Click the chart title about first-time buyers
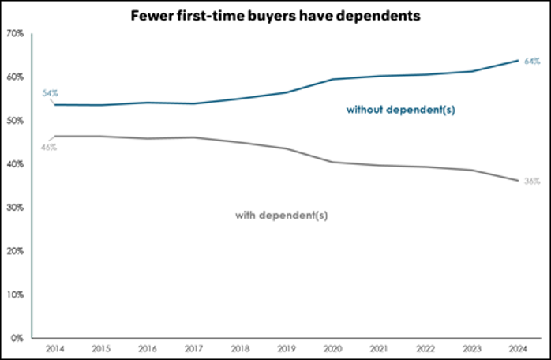tap(275, 17)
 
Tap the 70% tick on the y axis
tap(16, 34)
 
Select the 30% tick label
tap(16, 208)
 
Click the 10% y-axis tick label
tap(16, 294)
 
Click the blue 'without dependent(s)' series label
tap(401, 110)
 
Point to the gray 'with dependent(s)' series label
tap(282, 215)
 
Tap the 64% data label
tap(532, 61)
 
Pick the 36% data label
tap(532, 182)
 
